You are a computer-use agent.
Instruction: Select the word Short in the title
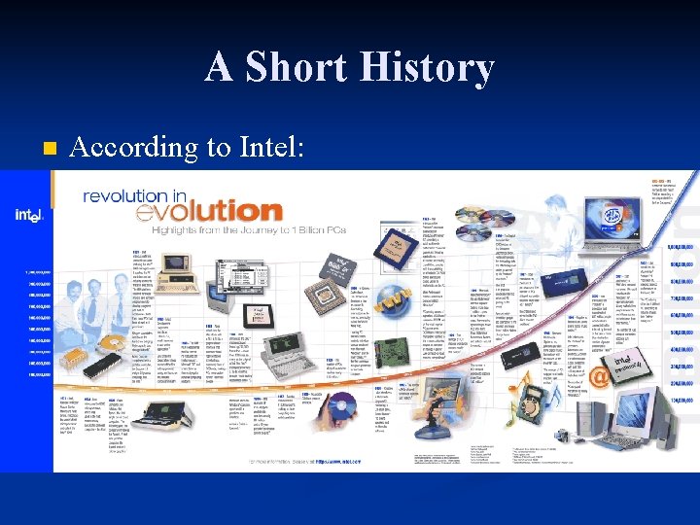click(283, 68)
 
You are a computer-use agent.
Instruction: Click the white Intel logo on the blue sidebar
click(28, 214)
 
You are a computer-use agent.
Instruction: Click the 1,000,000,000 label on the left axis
click(36, 271)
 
